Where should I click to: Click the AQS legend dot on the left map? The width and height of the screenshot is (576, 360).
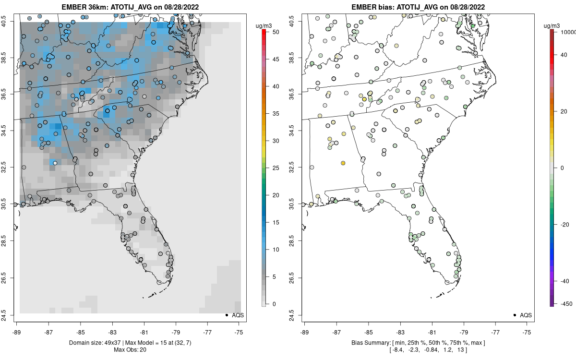226,315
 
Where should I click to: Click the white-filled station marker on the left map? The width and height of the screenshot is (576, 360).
55,163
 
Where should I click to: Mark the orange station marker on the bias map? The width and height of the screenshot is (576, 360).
343,163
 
